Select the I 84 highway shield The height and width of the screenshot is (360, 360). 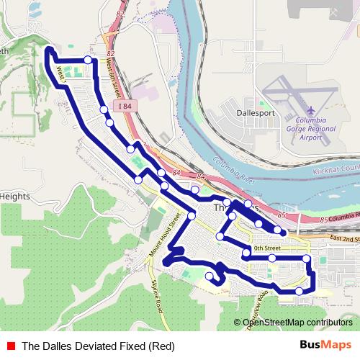click(x=125, y=107)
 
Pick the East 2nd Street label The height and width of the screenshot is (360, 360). click(x=344, y=238)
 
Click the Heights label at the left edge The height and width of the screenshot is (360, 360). click(x=14, y=196)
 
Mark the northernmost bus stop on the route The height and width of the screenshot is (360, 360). click(x=88, y=60)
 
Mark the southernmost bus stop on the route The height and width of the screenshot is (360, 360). click(x=299, y=291)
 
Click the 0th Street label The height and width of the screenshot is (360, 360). click(x=266, y=248)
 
